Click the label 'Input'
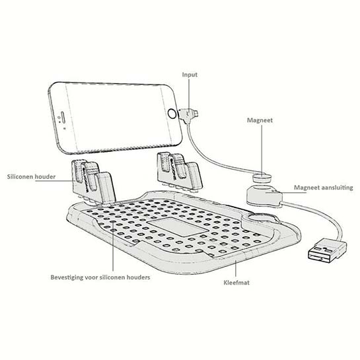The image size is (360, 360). (190, 75)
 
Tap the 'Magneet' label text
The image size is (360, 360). (260, 120)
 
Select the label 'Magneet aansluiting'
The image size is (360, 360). (323, 188)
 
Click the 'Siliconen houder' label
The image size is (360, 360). (31, 176)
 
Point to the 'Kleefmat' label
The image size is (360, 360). (236, 283)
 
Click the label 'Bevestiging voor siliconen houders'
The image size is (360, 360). (100, 277)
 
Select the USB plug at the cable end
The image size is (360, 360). (327, 251)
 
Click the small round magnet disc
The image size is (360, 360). (262, 178)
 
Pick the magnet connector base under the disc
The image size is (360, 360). (265, 195)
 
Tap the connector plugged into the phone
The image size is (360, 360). (188, 114)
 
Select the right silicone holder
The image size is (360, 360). (180, 172)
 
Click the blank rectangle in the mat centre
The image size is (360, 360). (178, 227)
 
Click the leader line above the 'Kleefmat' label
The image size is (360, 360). (236, 269)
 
